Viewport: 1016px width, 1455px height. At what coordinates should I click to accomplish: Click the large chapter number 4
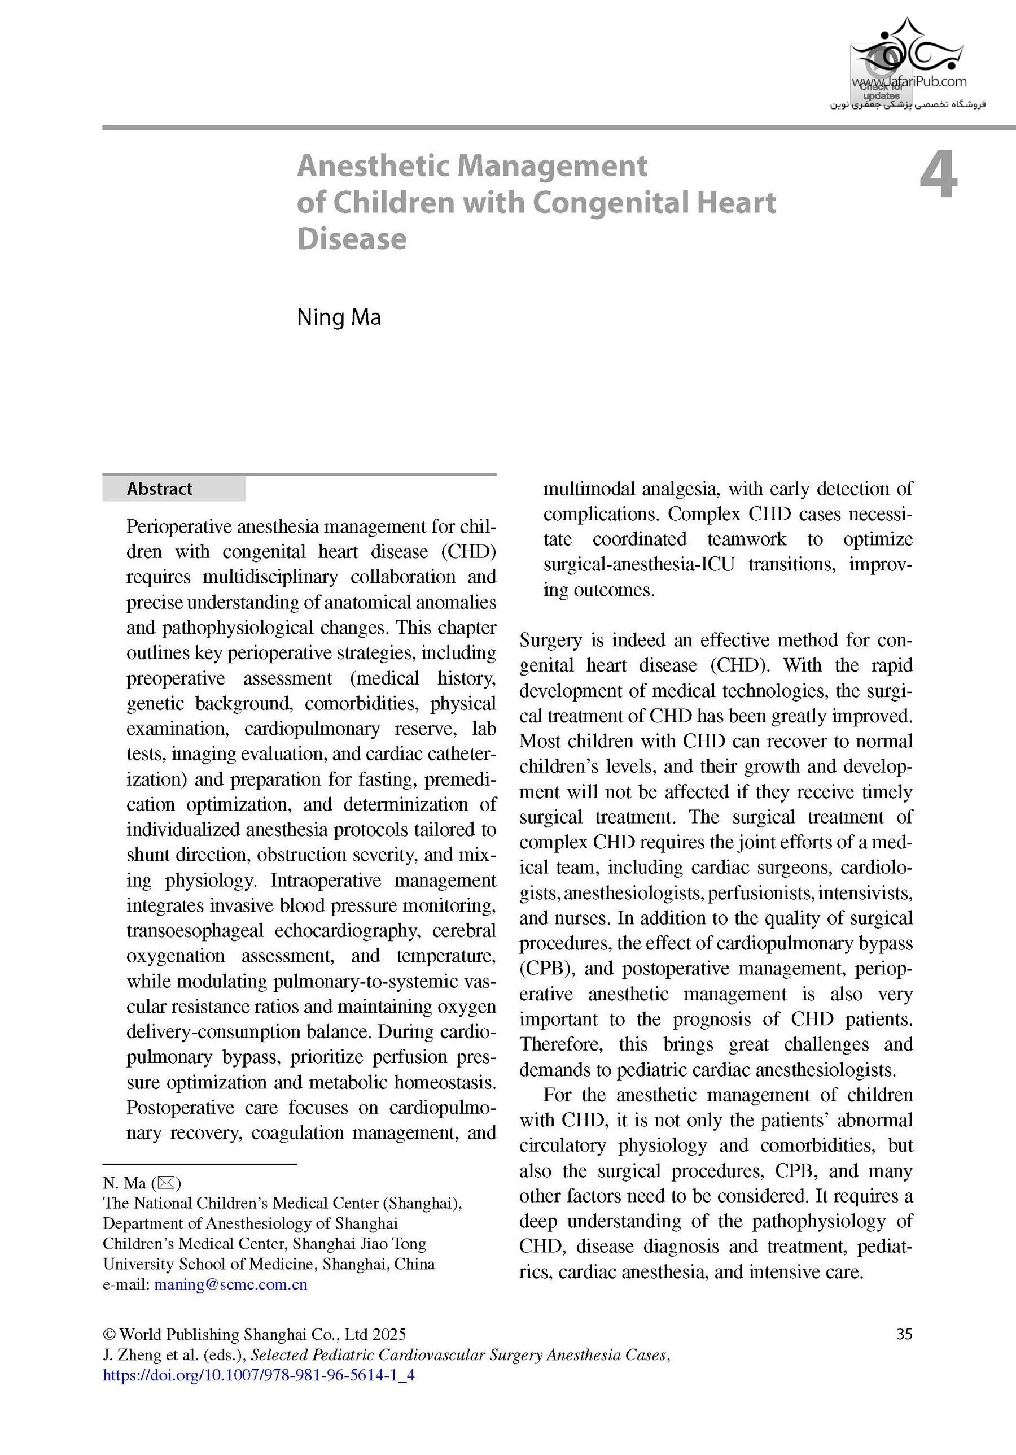point(939,177)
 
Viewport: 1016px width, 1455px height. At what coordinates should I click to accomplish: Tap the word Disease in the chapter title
point(352,239)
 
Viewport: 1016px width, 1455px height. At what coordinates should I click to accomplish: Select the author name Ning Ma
point(339,317)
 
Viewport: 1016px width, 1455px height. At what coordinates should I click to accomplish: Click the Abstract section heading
point(159,489)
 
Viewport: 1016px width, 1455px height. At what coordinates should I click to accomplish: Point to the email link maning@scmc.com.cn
point(230,1284)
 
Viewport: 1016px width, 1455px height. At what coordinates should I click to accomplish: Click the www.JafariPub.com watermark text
point(909,82)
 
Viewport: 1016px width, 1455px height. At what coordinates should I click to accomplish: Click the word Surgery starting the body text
point(550,640)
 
